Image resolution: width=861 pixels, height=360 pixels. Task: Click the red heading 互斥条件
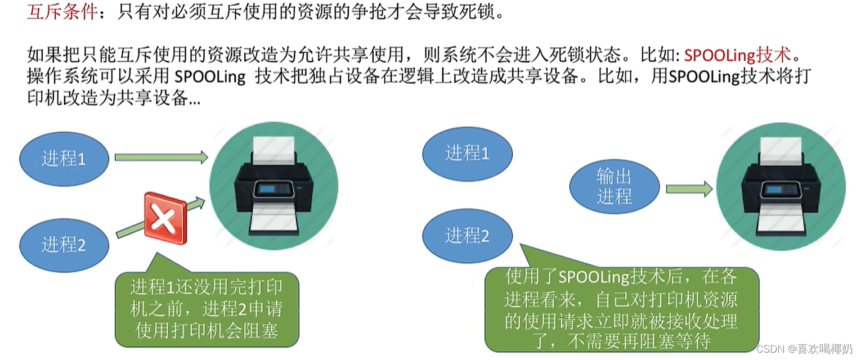click(62, 12)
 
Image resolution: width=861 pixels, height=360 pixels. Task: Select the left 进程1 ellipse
click(64, 159)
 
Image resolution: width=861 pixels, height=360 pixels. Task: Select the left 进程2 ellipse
click(64, 245)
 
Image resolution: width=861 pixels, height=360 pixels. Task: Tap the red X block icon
click(165, 218)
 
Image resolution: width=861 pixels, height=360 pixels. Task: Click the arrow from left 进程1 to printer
click(161, 157)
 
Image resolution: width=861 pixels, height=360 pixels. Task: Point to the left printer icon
click(273, 186)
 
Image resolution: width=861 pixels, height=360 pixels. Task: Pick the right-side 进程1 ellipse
click(467, 153)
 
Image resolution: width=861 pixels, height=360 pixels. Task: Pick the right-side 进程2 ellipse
click(467, 235)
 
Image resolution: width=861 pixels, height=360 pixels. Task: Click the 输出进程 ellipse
click(614, 186)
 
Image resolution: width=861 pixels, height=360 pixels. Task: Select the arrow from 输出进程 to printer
click(689, 189)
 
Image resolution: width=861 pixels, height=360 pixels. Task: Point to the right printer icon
click(781, 186)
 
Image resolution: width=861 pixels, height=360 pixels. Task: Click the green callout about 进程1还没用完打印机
click(207, 308)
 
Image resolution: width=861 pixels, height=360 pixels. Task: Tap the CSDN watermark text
click(804, 349)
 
